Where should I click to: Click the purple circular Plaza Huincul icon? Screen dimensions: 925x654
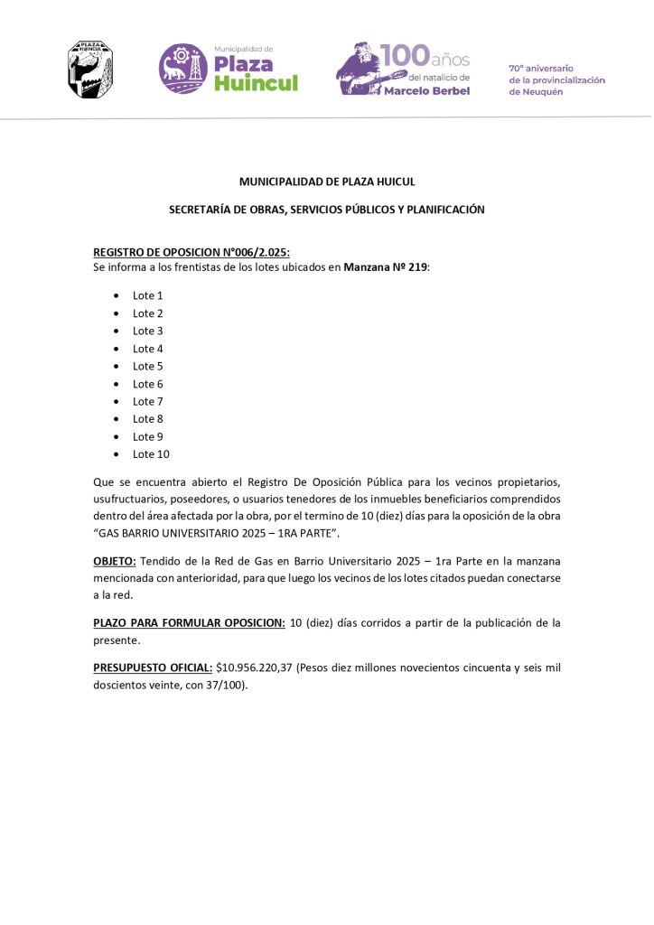183,68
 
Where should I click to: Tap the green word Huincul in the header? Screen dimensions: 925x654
256,84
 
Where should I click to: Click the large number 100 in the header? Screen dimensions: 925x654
406,56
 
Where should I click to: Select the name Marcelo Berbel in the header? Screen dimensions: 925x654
426,91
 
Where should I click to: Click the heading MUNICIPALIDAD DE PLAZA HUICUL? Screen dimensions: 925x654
327,182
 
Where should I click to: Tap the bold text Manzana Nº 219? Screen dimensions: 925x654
385,267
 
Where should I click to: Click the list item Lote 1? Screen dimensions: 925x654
147,295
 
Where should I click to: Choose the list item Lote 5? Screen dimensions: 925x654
147,366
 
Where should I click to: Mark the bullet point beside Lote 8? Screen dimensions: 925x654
117,419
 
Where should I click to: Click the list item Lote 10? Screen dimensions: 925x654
151,454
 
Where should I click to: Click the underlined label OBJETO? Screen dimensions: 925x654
115,561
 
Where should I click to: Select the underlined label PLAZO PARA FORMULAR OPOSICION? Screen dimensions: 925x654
190,622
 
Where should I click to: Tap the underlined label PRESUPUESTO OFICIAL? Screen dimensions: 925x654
153,668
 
